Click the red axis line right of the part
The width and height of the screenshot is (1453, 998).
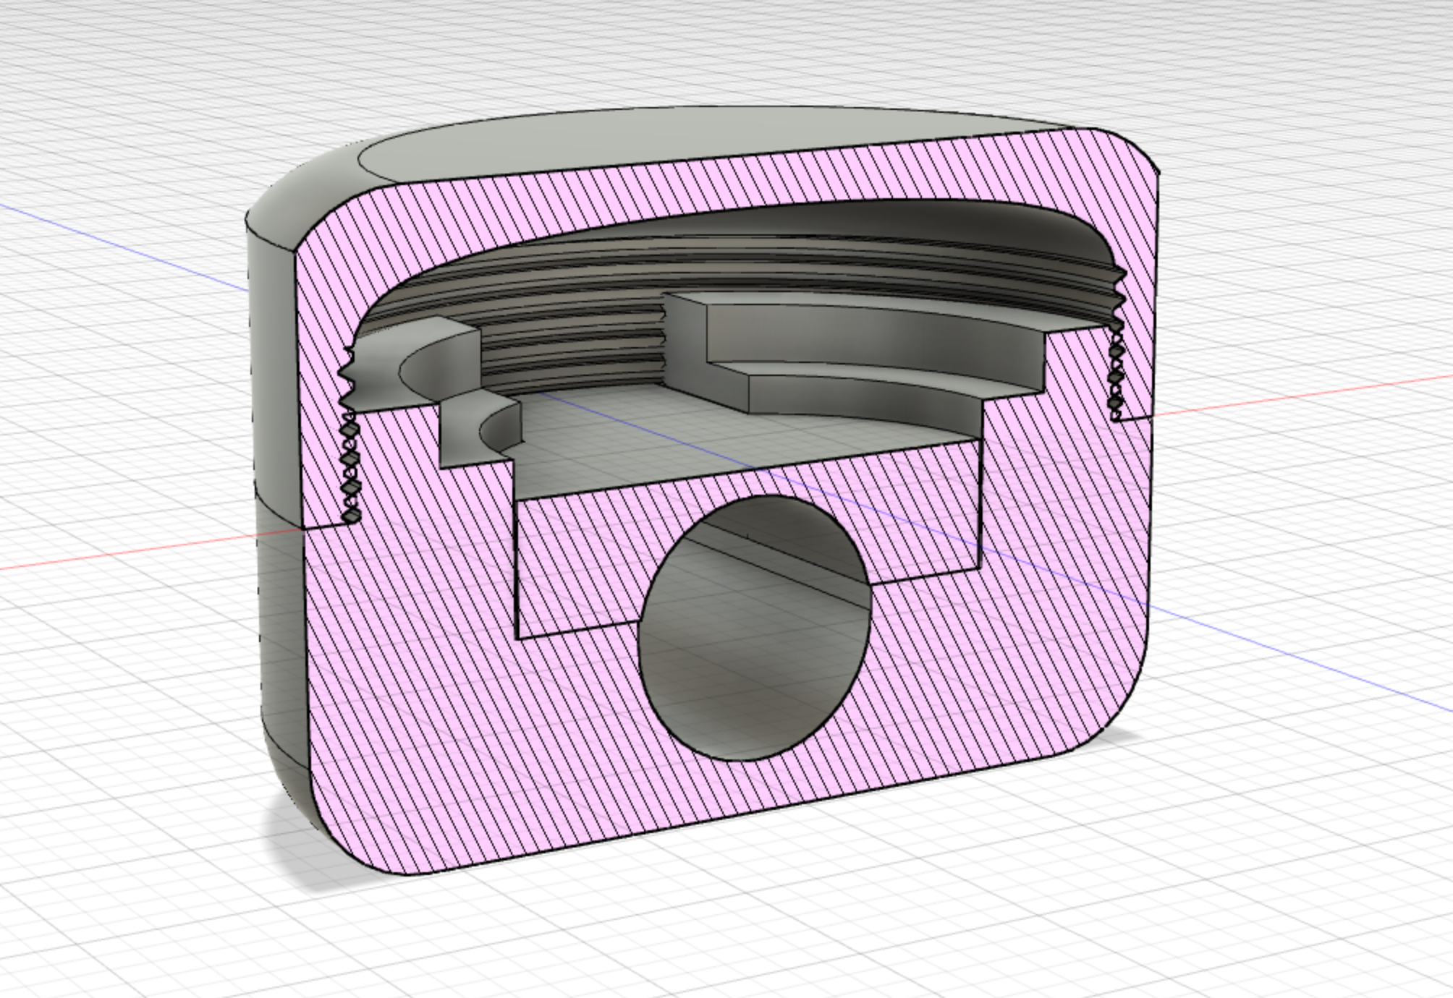(1302, 394)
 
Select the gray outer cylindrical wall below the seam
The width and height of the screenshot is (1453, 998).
(282, 651)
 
